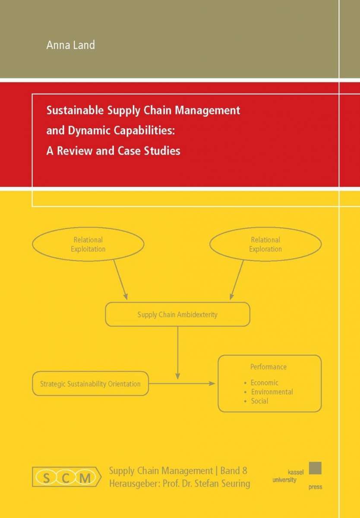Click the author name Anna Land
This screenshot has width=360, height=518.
point(70,45)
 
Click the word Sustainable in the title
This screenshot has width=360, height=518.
point(75,110)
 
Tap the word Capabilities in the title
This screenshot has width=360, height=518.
point(144,131)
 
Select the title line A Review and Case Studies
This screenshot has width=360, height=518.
point(113,151)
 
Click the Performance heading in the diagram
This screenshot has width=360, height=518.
point(268,367)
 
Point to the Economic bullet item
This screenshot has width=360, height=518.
point(264,383)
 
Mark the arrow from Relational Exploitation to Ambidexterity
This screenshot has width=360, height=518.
point(120,280)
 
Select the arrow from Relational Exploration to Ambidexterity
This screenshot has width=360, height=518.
point(237,280)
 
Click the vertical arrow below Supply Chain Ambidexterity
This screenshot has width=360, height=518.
point(177,353)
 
